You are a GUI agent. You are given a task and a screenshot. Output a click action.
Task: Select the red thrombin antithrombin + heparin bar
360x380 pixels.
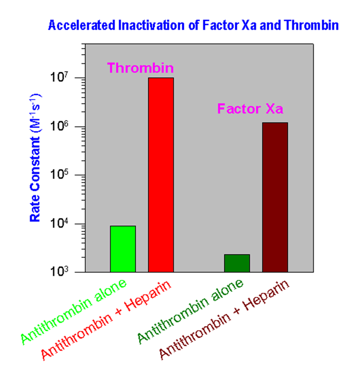point(161,175)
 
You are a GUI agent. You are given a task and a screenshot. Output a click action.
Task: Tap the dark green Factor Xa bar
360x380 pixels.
point(237,263)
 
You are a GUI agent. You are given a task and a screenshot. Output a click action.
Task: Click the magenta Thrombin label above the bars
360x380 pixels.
point(140,68)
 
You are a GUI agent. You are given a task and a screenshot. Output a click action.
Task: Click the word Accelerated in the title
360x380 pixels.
point(72,25)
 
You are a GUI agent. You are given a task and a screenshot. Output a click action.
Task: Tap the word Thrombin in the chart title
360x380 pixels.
point(315,25)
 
